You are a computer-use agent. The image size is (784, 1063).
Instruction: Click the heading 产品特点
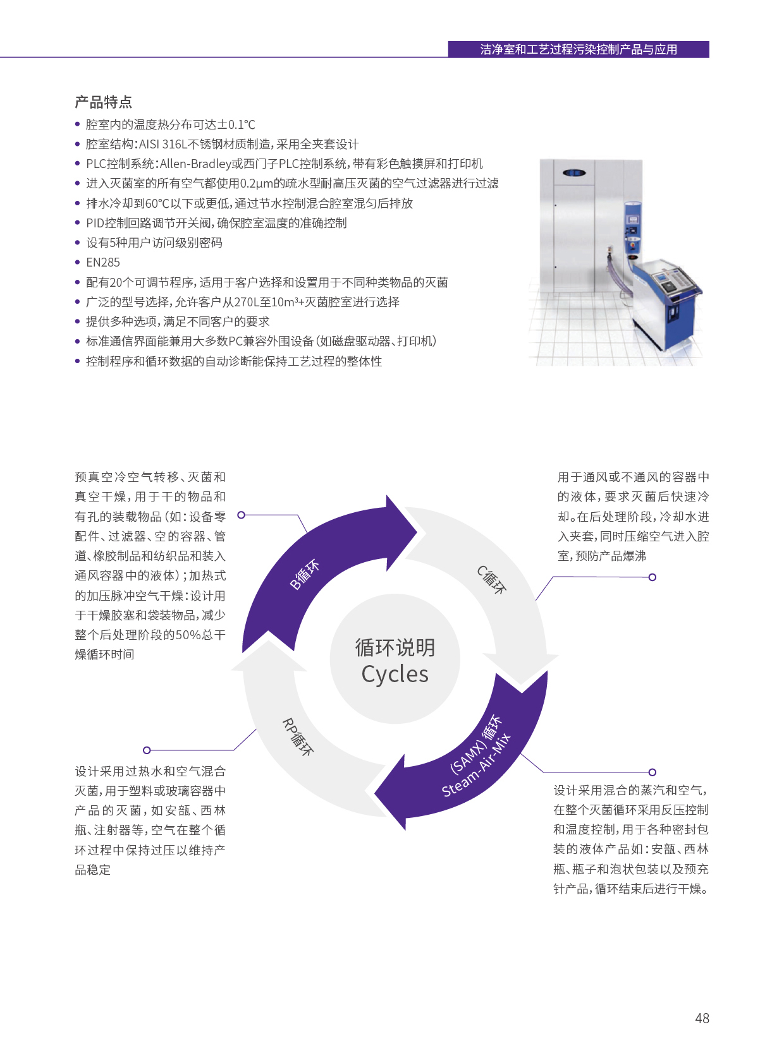tap(103, 102)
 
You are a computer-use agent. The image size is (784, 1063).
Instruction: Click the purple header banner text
tap(579, 49)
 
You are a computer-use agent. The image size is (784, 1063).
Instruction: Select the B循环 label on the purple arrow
tap(305, 575)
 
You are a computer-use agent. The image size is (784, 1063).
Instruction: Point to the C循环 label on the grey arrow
tap(492, 579)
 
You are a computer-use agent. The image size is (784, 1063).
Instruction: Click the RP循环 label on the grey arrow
tap(298, 737)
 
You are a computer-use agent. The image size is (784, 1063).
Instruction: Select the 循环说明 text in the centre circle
tap(395, 647)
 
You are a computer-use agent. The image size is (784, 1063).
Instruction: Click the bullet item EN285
tap(102, 262)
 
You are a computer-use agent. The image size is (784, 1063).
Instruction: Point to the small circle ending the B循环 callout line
tap(241, 515)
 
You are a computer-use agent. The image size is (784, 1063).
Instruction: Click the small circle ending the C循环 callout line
tap(652, 577)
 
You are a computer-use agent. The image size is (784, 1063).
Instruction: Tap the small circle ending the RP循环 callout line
tap(147, 750)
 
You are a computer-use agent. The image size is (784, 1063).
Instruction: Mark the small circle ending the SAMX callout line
tap(652, 772)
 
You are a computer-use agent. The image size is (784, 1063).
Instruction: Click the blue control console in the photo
tap(665, 304)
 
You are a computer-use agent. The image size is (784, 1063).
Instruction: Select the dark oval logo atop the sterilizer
tap(574, 172)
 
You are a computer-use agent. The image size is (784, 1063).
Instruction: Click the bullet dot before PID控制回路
tap(77, 223)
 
